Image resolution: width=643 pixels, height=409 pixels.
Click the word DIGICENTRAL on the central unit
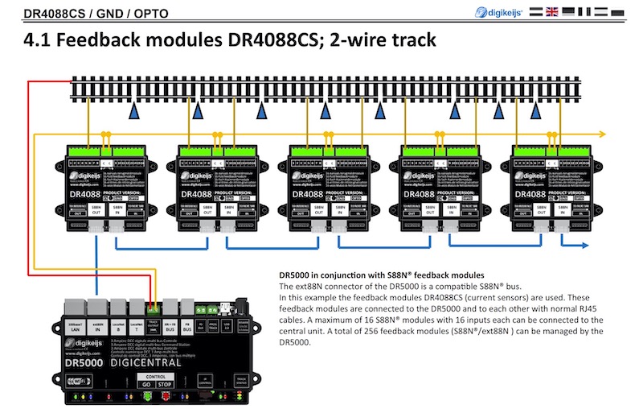146,362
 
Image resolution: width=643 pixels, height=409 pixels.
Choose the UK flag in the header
552,11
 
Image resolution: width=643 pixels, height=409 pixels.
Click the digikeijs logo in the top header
499,11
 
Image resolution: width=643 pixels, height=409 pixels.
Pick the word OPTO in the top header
134,11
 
